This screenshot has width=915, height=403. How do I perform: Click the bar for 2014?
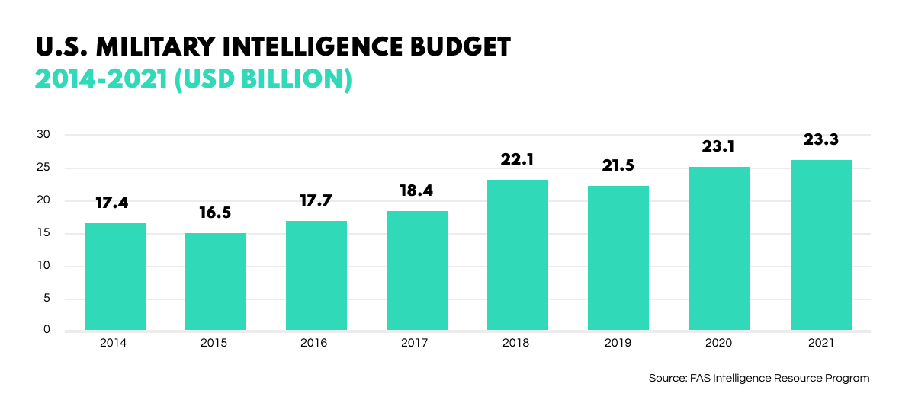click(x=115, y=277)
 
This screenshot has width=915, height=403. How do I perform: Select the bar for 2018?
click(x=517, y=254)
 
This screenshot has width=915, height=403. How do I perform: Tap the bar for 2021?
click(x=822, y=245)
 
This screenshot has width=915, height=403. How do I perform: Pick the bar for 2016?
click(x=316, y=275)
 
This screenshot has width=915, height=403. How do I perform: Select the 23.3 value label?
click(x=822, y=139)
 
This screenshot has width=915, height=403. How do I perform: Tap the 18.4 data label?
click(x=416, y=190)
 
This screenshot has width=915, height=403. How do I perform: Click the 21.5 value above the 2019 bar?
click(x=618, y=165)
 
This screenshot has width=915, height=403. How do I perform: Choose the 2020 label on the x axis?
click(x=718, y=344)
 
